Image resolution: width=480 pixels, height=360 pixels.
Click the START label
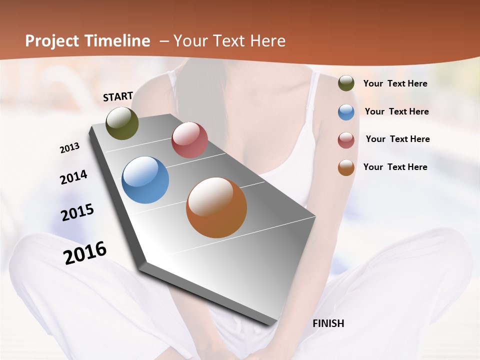[x=118, y=96]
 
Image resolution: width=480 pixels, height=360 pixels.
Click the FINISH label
[x=328, y=323]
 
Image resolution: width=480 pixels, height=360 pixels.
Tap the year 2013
[x=70, y=148]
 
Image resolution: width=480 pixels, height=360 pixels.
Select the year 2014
[x=74, y=177]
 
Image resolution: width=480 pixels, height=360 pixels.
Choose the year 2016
[x=85, y=253]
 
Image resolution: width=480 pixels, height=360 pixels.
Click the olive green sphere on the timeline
[x=122, y=123]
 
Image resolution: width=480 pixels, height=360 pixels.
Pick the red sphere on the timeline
[x=189, y=140]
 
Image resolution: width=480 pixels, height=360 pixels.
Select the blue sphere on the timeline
[x=145, y=180]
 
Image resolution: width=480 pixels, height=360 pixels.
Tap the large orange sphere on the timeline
[x=216, y=207]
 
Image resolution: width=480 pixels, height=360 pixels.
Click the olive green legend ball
[x=346, y=83]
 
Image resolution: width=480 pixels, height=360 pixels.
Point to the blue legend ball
[x=346, y=112]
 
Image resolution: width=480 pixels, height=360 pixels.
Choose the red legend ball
[x=346, y=140]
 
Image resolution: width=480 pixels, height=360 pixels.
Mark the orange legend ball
[x=346, y=167]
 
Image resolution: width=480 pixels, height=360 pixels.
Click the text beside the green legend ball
[x=395, y=83]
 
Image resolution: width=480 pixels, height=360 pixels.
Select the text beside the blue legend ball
[x=396, y=111]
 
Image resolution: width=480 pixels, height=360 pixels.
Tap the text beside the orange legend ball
[x=395, y=167]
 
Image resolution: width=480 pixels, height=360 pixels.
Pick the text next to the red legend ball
[x=397, y=139]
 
